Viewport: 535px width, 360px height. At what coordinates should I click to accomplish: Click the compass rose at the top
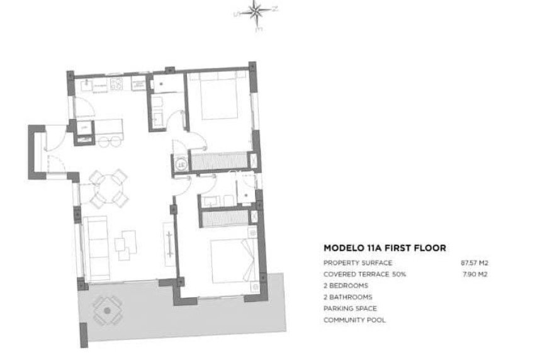click(256, 11)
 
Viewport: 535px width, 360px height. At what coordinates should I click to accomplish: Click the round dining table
click(109, 189)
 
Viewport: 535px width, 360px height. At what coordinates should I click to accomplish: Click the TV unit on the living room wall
click(169, 240)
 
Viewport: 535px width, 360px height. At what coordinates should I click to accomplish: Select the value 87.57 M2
click(475, 262)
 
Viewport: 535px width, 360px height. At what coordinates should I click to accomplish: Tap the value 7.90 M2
click(476, 274)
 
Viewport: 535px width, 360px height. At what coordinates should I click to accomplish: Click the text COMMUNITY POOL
click(354, 320)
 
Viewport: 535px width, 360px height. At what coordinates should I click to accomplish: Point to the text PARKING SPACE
click(350, 308)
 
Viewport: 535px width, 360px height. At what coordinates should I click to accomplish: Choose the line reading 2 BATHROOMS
click(347, 297)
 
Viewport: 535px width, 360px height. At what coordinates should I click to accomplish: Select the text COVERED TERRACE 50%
click(364, 274)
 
